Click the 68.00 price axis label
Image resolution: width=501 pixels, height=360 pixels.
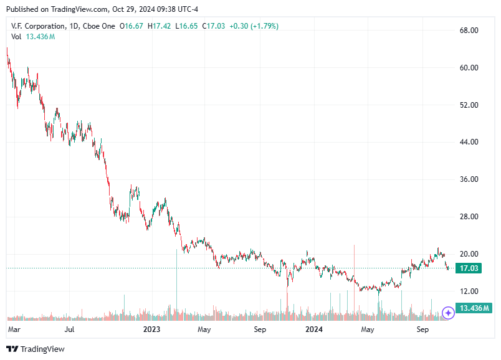pos(469,31)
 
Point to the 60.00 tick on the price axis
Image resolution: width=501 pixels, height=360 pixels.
pos(469,68)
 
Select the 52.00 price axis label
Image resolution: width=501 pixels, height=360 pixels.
pos(469,105)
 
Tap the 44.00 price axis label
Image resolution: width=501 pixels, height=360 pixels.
pos(469,142)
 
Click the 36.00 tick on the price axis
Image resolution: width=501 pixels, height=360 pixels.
pos(469,179)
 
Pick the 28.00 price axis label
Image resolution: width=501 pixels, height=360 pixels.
pos(469,217)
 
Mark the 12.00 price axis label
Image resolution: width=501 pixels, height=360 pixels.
pos(469,291)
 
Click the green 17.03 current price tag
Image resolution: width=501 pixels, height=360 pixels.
pos(469,268)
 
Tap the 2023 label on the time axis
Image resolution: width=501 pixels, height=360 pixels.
pos(152,328)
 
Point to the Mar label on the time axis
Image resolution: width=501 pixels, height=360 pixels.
pos(14,328)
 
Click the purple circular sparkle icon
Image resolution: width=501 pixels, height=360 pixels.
pos(447,312)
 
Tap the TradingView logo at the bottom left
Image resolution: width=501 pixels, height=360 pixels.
pos(36,349)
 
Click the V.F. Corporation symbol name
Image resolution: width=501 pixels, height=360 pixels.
pos(38,26)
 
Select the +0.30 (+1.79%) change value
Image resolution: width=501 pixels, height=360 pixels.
pos(254,26)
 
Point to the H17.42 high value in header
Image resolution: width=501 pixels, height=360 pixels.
pos(162,26)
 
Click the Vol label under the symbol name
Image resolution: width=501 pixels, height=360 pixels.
pos(17,37)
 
